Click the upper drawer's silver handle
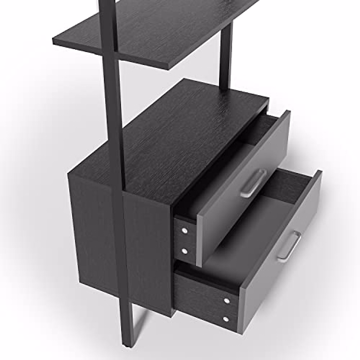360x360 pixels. click(253, 183)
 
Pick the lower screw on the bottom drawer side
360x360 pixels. click(226, 319)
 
